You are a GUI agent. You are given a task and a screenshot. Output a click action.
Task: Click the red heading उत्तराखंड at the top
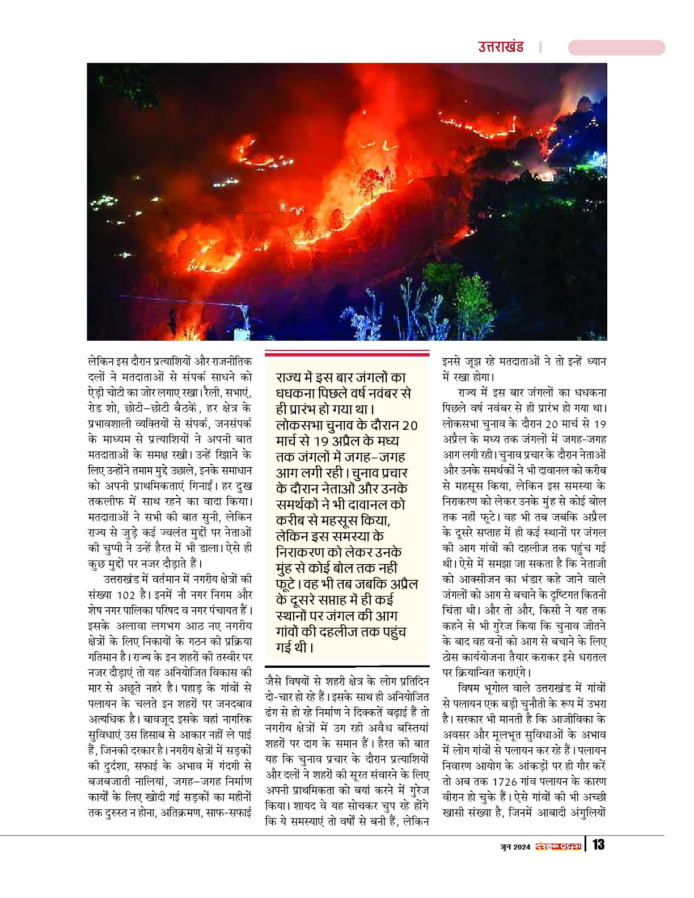(500, 47)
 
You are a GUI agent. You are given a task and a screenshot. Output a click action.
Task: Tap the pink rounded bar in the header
(616, 48)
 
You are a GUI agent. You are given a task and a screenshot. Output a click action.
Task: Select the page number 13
(598, 845)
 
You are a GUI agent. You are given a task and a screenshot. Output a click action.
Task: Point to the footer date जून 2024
(515, 846)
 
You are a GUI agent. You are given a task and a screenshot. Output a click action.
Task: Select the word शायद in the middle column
(308, 806)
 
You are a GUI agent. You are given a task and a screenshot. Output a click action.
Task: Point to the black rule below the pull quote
(347, 666)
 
